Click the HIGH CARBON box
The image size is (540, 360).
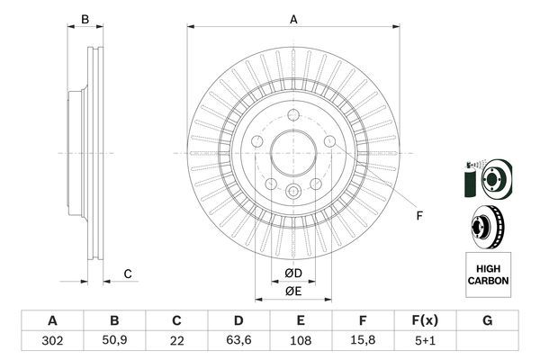point(488,274)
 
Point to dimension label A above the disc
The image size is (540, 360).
point(293,18)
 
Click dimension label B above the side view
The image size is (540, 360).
point(85,19)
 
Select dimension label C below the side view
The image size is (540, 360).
point(128,274)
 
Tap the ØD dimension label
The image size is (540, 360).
point(293,273)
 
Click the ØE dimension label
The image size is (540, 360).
point(293,290)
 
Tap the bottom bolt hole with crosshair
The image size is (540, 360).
point(293,191)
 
